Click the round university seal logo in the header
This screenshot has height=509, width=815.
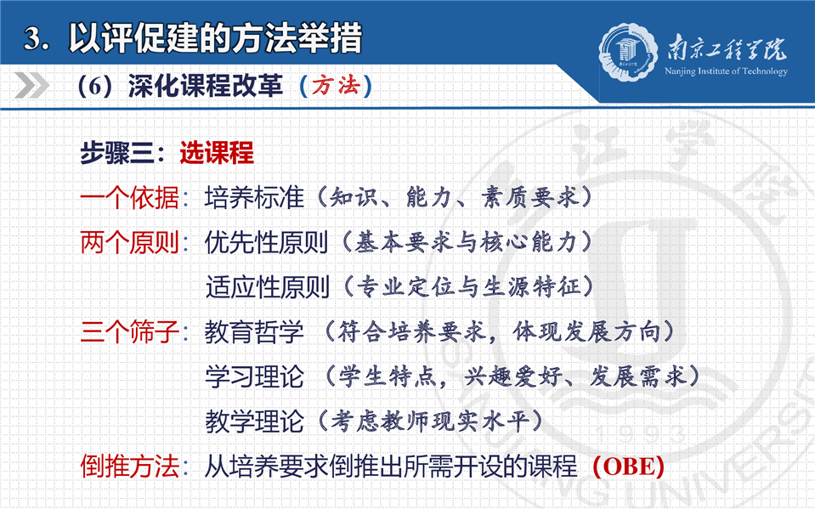[x=628, y=52]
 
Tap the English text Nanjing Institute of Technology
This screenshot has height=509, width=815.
[x=726, y=71]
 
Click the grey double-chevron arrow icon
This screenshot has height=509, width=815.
[x=31, y=85]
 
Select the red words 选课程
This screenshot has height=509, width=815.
[x=217, y=153]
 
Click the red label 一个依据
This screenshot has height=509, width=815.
[x=129, y=198]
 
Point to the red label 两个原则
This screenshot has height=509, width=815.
[x=129, y=242]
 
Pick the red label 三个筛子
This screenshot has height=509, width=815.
[x=129, y=331]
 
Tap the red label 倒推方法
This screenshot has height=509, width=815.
[x=129, y=466]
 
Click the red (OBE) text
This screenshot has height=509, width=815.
[x=628, y=467]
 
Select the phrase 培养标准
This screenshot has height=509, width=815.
[x=254, y=198]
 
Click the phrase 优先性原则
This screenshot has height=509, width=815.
[x=266, y=242]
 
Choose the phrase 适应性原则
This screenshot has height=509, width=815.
[x=267, y=287]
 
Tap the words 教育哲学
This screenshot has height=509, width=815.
[x=254, y=331]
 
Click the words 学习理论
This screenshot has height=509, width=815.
[x=255, y=376]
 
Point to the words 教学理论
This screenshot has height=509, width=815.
[x=255, y=421]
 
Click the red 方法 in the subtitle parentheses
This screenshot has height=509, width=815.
[x=336, y=85]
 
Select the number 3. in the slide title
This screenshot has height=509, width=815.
[x=37, y=38]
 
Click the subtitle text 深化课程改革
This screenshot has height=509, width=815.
[x=206, y=86]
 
